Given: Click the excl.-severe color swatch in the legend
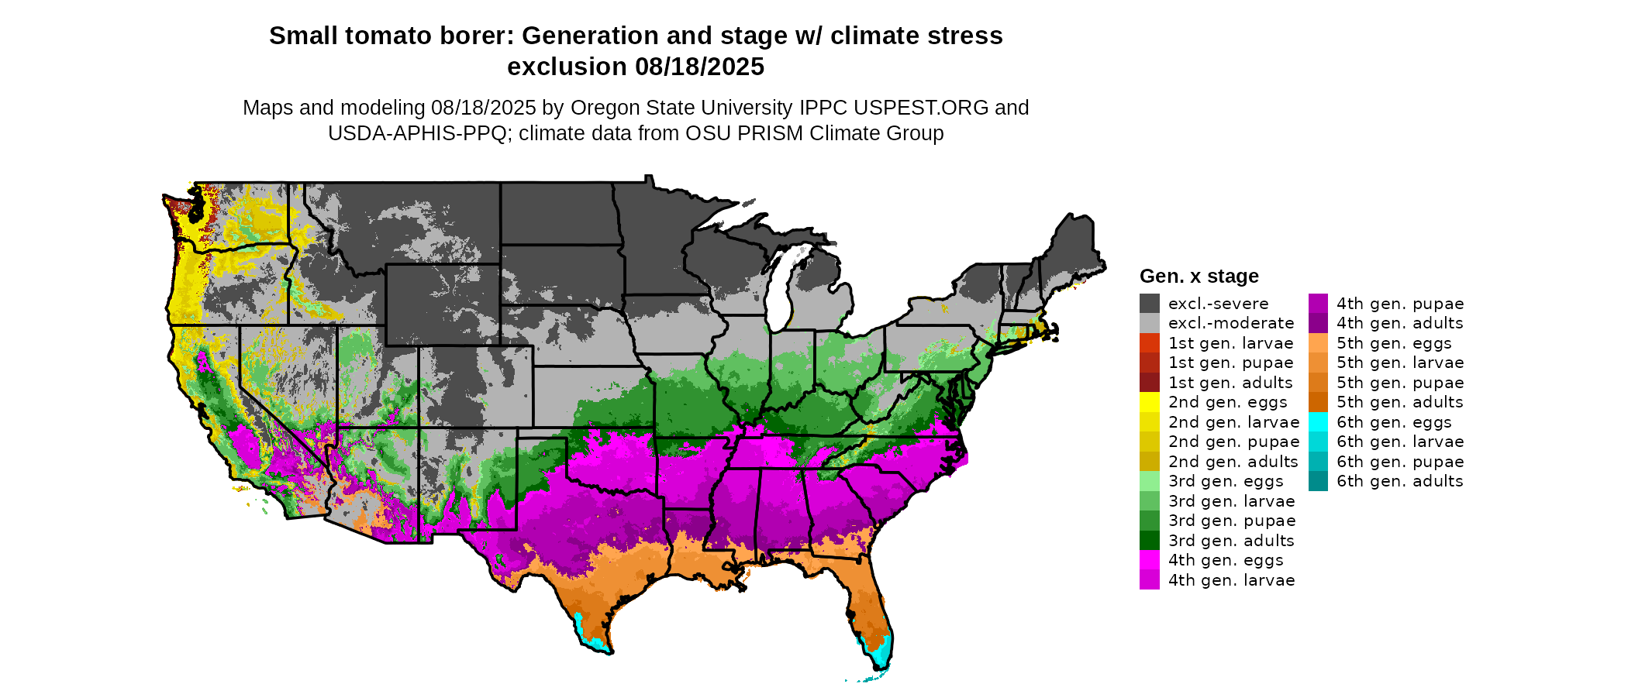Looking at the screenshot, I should tap(1150, 304).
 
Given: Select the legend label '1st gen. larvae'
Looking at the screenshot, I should tap(1231, 343).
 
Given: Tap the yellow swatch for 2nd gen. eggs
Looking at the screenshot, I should tap(1150, 402).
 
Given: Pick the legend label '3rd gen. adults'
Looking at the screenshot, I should tap(1231, 541).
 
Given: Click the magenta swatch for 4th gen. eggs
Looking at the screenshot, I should tap(1150, 560).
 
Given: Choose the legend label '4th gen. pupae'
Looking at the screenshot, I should tap(1400, 304).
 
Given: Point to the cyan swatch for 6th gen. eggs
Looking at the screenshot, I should tap(1318, 422).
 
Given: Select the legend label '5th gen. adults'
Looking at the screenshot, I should tap(1400, 402).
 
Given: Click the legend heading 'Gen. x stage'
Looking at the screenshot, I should tap(1199, 277).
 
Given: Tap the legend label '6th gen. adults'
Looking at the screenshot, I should tap(1400, 481).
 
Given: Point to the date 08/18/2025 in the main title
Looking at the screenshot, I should tap(700, 67).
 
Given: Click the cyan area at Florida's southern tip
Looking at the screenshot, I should tap(881, 655).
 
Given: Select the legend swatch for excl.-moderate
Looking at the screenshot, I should tap(1150, 323).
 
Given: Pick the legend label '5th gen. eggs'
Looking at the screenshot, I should tap(1394, 343).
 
